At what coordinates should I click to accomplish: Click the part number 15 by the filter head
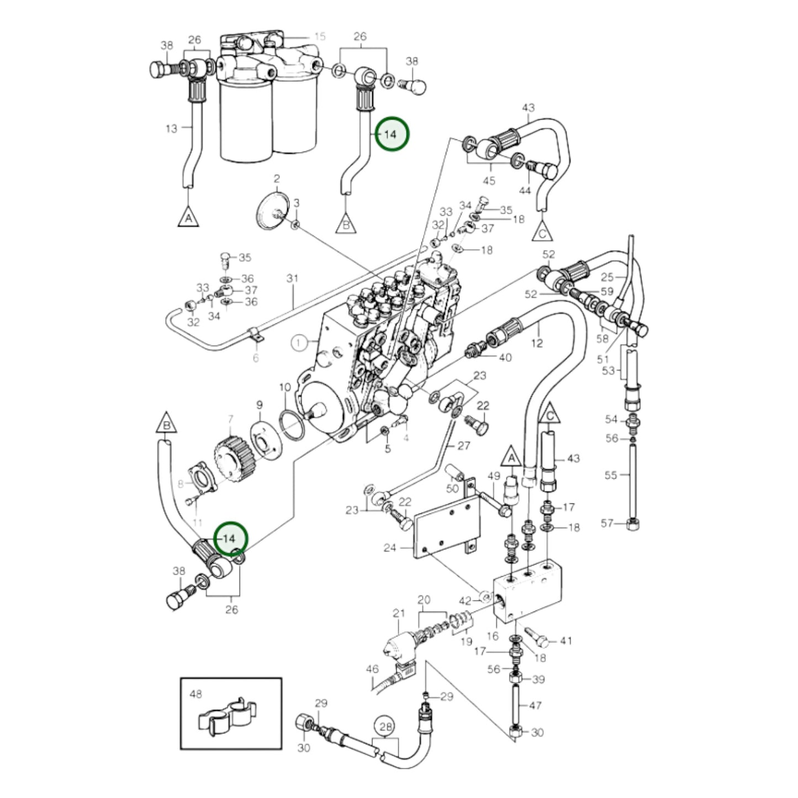tap(320, 36)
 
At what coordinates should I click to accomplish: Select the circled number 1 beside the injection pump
tap(299, 343)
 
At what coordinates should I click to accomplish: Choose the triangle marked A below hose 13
tap(188, 218)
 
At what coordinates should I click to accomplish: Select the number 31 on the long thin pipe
tap(292, 278)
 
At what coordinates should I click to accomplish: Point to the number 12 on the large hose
tap(537, 343)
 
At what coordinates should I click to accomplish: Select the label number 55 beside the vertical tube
tap(610, 474)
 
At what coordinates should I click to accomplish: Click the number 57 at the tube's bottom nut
tap(607, 522)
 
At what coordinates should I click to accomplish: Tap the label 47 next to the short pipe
tap(536, 705)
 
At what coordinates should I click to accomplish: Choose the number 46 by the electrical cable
tap(373, 669)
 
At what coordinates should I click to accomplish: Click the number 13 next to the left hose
tap(172, 128)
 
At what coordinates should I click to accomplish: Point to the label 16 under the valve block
tap(492, 636)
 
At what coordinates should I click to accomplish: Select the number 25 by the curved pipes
tap(607, 277)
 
